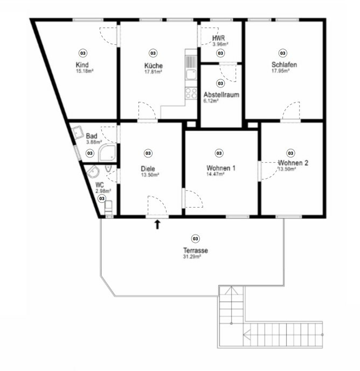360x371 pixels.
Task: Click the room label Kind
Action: [82, 65]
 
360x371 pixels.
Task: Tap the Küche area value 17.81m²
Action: [153, 72]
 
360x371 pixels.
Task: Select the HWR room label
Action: [218, 38]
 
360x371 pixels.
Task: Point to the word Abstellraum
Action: [221, 95]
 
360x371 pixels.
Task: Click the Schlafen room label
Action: [284, 65]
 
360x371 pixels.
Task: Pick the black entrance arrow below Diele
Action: [157, 224]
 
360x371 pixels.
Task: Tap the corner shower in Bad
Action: [108, 153]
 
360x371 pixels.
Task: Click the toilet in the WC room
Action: [108, 208]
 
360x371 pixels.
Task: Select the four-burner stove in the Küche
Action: [191, 93]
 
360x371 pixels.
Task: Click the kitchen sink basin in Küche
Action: [191, 74]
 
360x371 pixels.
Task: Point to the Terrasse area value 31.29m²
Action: [192, 257]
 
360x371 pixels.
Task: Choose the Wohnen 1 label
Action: [221, 168]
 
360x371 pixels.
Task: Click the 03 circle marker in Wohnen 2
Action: [290, 153]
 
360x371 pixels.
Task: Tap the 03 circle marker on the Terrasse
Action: [196, 238]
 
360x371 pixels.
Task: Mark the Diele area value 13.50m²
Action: [150, 175]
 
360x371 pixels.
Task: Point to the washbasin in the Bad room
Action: [78, 132]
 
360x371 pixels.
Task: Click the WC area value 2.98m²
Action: [103, 191]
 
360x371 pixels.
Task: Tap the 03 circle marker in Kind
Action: [83, 53]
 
